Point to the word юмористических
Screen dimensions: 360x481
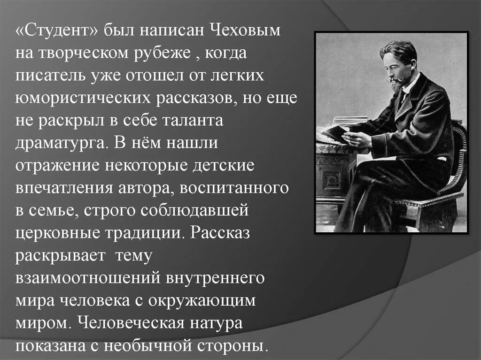[83, 99]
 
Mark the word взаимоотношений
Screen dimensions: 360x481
[87, 277]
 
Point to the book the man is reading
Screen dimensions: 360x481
[336, 132]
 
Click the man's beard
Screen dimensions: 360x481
[395, 85]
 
